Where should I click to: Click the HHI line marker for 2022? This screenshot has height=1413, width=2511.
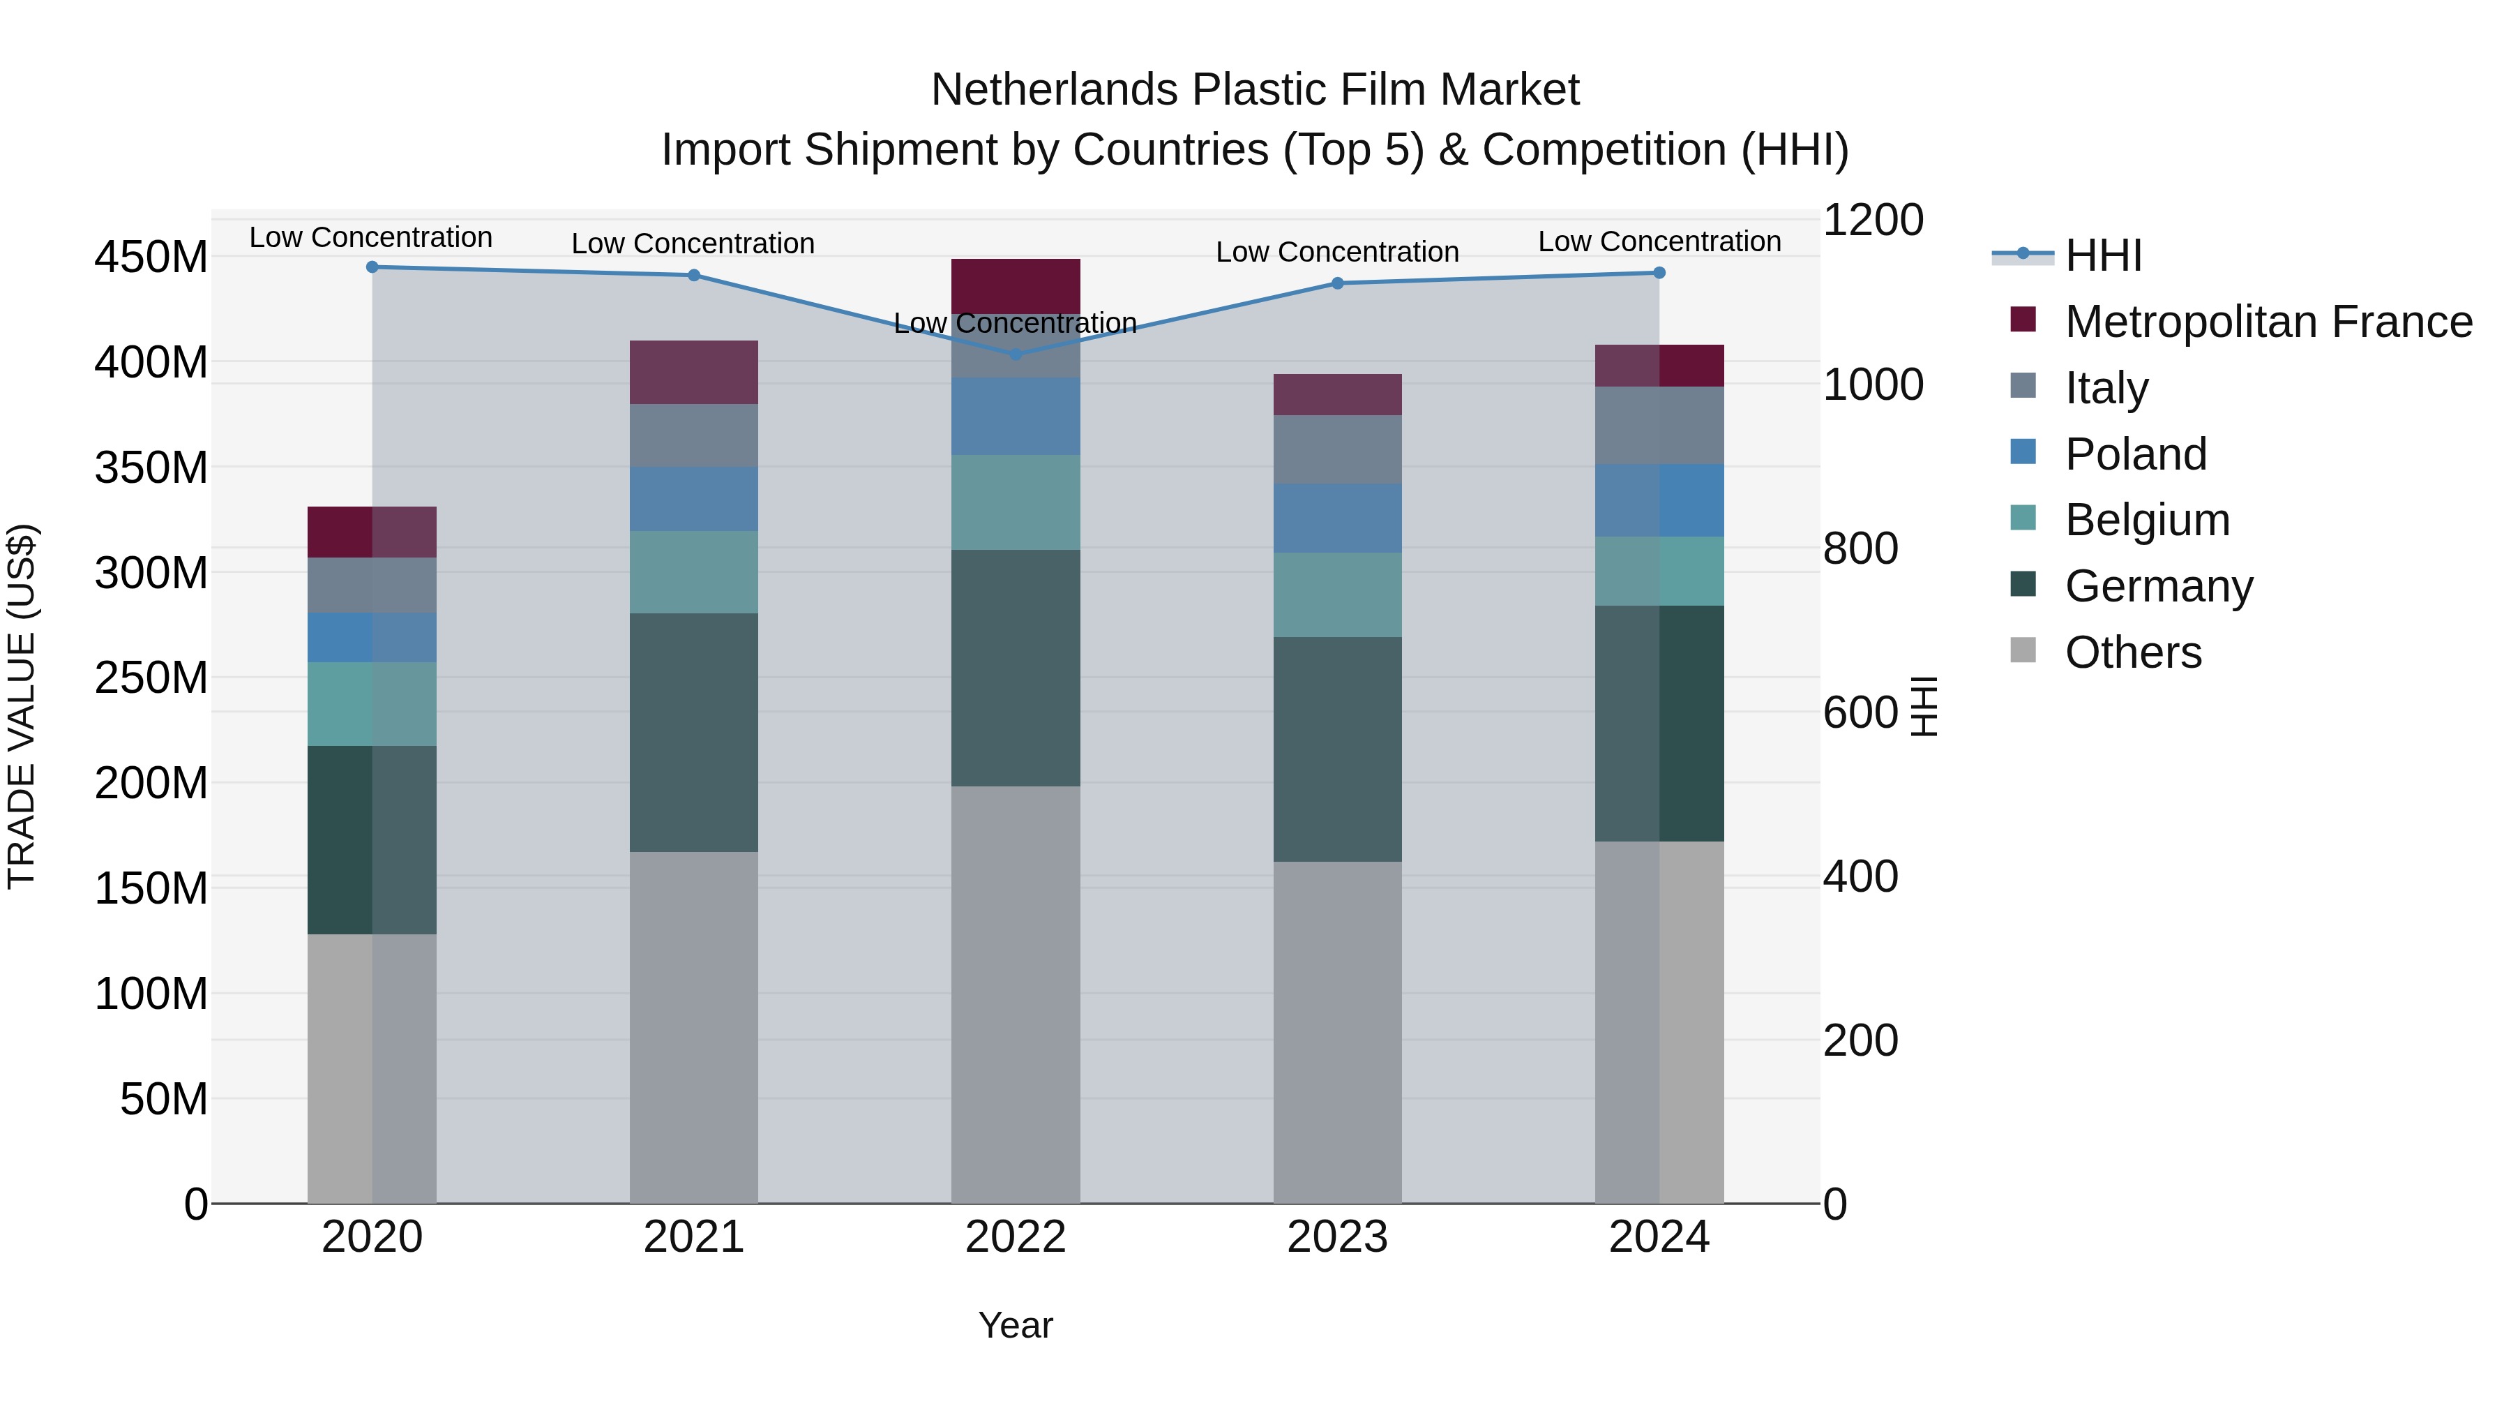pyautogui.click(x=1016, y=354)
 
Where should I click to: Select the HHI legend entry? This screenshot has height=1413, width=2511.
pyautogui.click(x=2102, y=255)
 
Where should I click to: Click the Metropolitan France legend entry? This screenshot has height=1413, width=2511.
pyautogui.click(x=2268, y=322)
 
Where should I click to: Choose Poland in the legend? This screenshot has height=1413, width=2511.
pyautogui.click(x=2135, y=454)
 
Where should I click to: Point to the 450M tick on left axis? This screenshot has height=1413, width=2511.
pyautogui.click(x=151, y=258)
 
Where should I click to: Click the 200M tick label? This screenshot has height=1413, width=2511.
pyautogui.click(x=151, y=783)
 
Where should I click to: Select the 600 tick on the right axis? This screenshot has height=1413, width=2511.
pyautogui.click(x=1860, y=713)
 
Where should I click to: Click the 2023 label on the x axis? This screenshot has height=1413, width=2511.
pyautogui.click(x=1337, y=1237)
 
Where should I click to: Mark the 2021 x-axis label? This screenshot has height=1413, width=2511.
pyautogui.click(x=694, y=1237)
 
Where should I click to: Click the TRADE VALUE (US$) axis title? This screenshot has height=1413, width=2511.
pyautogui.click(x=22, y=706)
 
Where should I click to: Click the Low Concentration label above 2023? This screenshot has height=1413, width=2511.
pyautogui.click(x=1337, y=252)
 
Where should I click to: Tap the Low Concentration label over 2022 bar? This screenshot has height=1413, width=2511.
pyautogui.click(x=1016, y=323)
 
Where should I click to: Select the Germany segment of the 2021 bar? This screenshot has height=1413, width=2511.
pyautogui.click(x=694, y=733)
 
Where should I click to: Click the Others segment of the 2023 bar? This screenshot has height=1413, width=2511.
pyautogui.click(x=1337, y=1032)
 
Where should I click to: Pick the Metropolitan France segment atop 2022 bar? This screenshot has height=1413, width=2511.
pyautogui.click(x=1016, y=285)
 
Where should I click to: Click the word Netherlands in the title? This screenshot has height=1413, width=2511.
pyautogui.click(x=1055, y=90)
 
